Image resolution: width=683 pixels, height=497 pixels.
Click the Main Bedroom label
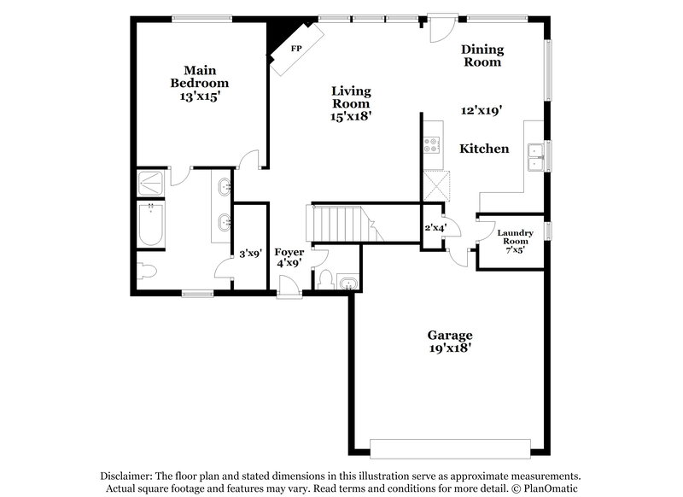(x=199, y=76)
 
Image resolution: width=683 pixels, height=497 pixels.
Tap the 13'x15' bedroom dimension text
(x=199, y=96)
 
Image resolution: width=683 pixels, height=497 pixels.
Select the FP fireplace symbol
(x=296, y=49)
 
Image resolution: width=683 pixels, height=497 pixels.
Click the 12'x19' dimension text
(x=482, y=109)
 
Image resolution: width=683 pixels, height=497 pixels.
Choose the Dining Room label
(x=482, y=56)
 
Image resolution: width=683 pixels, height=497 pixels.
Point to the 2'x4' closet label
(x=436, y=227)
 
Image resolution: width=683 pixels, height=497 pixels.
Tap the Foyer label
(x=289, y=252)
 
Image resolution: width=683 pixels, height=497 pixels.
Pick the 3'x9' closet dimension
(x=249, y=253)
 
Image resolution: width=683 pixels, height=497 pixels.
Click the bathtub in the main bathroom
(x=151, y=225)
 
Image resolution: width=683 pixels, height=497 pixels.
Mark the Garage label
(x=450, y=335)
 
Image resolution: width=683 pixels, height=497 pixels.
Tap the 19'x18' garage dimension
(x=450, y=348)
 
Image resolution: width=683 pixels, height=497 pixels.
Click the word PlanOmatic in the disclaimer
(x=550, y=488)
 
